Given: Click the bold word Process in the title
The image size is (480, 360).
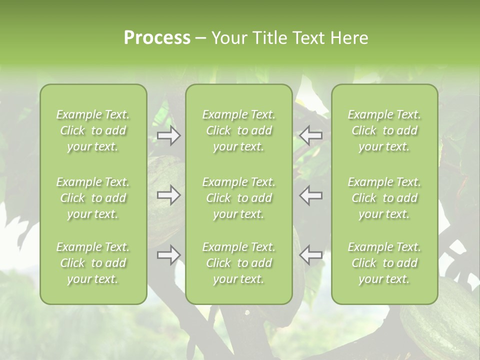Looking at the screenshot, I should click(157, 38).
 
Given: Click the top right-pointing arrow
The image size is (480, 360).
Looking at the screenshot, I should click(169, 135).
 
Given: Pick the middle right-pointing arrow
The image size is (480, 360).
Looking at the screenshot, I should click(169, 195).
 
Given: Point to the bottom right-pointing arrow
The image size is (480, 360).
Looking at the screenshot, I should click(169, 254).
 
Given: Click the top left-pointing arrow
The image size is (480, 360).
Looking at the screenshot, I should click(311, 135).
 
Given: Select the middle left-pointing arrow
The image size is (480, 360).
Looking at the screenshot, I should click(311, 195).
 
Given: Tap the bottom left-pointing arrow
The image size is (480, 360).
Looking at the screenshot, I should click(311, 254).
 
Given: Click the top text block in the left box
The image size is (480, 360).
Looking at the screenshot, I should click(93, 130).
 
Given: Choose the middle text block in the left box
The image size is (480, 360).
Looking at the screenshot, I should click(93, 198).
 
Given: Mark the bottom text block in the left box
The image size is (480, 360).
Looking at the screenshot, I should click(93, 263).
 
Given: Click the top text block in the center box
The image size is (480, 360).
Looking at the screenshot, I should click(238, 130).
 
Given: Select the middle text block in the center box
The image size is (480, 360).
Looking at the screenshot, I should click(238, 198).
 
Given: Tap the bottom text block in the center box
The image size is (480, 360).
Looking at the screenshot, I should click(238, 263).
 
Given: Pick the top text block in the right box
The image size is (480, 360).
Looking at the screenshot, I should click(384, 130).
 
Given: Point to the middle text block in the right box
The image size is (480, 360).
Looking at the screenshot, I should click(384, 198).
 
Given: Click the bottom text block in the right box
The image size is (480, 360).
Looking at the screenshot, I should click(384, 263).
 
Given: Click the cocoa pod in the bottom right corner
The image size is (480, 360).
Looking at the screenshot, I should click(442, 320).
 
